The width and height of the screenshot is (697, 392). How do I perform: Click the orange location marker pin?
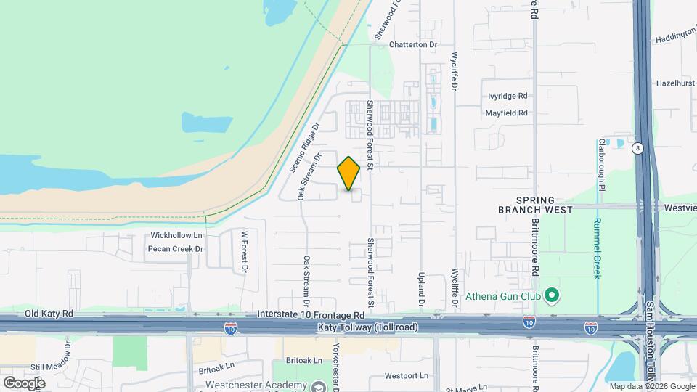pyautogui.click(x=348, y=173)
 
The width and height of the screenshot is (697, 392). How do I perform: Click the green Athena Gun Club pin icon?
pyautogui.click(x=551, y=295)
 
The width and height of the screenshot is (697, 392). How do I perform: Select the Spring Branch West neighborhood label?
pyautogui.click(x=526, y=205)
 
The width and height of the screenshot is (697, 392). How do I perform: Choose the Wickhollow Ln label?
pyautogui.click(x=176, y=236)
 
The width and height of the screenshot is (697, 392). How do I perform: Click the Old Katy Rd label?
pyautogui.click(x=49, y=314)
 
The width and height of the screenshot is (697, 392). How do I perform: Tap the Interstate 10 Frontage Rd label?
pyautogui.click(x=311, y=316)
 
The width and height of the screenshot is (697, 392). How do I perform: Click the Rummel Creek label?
pyautogui.click(x=597, y=248)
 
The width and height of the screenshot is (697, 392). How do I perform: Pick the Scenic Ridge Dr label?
pyautogui.click(x=304, y=147)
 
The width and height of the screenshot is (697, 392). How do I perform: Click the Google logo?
pyautogui.click(x=24, y=383)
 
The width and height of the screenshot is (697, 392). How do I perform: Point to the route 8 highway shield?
pyautogui.click(x=637, y=148)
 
